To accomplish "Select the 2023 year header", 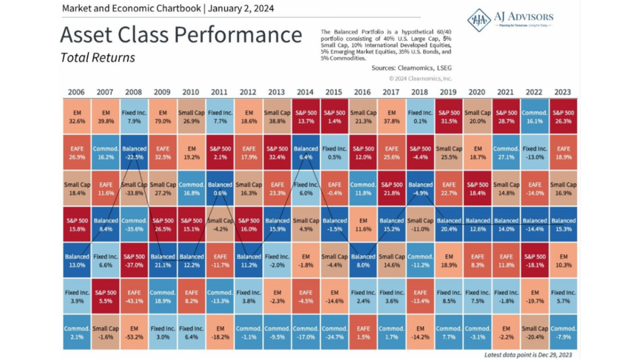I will (564, 92).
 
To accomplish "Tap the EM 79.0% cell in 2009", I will (163, 117).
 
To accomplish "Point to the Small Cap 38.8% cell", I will (277, 117).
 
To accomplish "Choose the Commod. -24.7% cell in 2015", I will (334, 333).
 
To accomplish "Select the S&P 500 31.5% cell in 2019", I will (449, 117).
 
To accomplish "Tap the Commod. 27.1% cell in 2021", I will (506, 153).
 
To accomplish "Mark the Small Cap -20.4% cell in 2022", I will (535, 333).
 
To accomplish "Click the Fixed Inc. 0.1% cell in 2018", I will (420, 117).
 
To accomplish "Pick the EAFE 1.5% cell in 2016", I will (363, 333).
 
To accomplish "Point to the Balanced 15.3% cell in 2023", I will (564, 225).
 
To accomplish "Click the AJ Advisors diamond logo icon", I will (479, 20).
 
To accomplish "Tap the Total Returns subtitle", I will (98, 57).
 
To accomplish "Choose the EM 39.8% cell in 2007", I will (106, 117).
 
